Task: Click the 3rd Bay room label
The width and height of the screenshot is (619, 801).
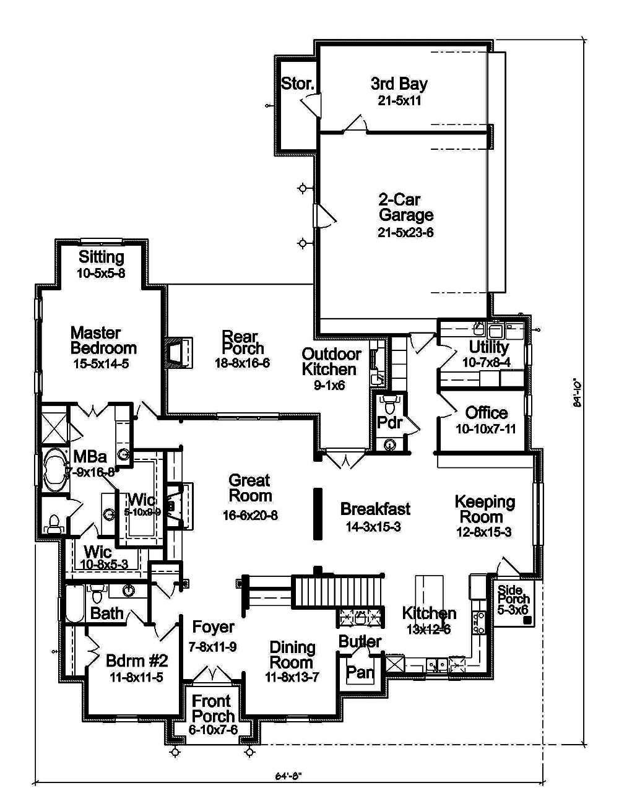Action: [399, 84]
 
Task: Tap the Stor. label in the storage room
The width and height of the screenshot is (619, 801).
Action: [298, 84]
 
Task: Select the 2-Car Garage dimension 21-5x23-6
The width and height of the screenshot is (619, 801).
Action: [405, 233]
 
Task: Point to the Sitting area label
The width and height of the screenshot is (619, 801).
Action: [102, 256]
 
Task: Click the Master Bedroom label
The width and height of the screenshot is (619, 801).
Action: [103, 340]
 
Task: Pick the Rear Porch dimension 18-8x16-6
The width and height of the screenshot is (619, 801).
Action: [242, 363]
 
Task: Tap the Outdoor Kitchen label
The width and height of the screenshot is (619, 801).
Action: [331, 362]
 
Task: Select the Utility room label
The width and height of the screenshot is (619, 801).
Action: [488, 347]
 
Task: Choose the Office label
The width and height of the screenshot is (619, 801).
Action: [486, 413]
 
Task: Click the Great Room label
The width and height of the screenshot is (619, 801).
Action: [250, 488]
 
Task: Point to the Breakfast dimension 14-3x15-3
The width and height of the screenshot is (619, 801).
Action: [374, 527]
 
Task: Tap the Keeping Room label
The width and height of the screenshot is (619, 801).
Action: [485, 509]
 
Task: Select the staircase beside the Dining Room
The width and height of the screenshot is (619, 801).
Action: [335, 592]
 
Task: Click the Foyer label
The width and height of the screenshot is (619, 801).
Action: [213, 627]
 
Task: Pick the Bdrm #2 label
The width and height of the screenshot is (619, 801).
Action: [137, 660]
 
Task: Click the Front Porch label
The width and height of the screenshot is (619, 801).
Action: [212, 709]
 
